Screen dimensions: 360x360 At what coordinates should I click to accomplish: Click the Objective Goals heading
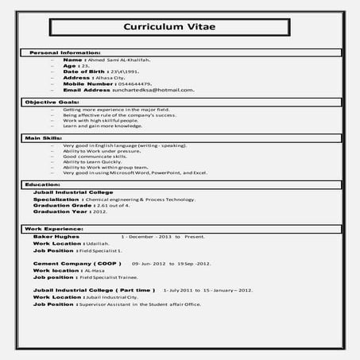[x=52, y=103]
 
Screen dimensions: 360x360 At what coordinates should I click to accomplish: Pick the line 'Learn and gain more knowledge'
[x=102, y=126]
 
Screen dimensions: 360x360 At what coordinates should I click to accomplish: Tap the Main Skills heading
[x=44, y=138]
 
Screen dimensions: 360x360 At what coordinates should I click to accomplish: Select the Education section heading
[x=43, y=184]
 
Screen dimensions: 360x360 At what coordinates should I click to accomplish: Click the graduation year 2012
[x=99, y=212]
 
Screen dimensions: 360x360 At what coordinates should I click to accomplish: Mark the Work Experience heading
[x=52, y=229]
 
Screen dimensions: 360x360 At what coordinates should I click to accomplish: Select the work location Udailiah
[x=109, y=243]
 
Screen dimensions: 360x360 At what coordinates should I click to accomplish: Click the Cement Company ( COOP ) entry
[x=76, y=262]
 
